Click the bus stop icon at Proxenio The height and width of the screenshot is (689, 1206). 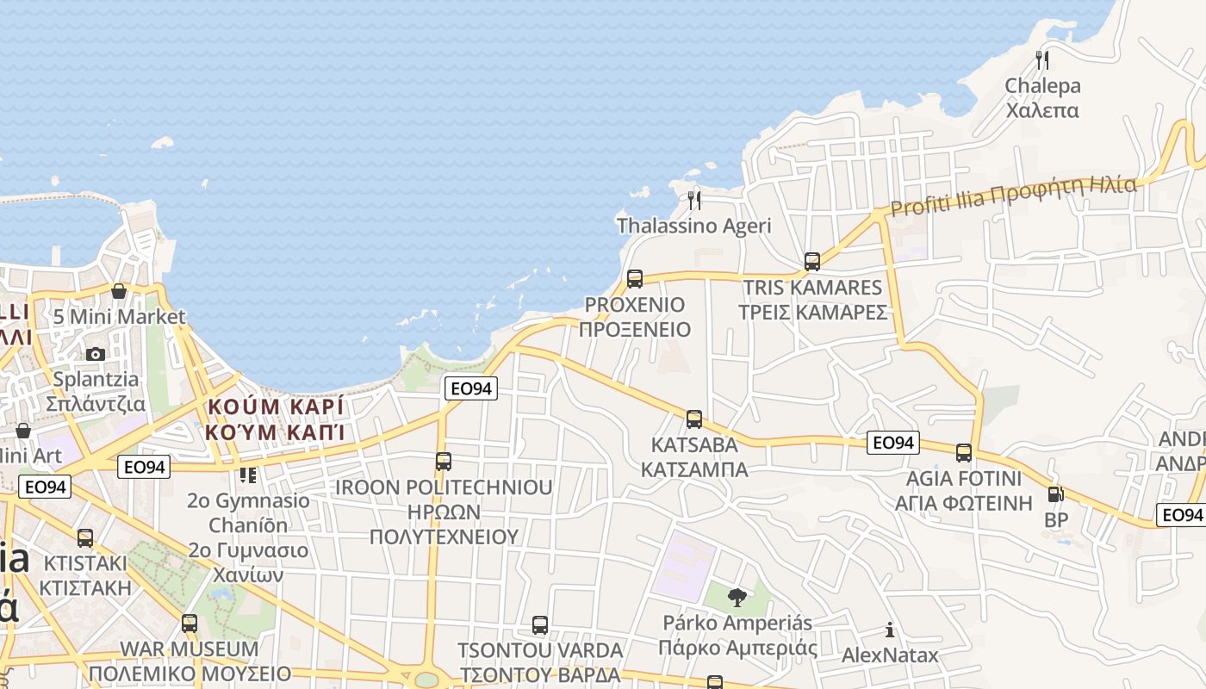coord(635,278)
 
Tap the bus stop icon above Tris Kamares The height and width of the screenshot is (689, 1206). coord(811,261)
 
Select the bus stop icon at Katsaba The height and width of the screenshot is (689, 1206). coord(694,419)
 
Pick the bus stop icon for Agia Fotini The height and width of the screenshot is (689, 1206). coord(964,452)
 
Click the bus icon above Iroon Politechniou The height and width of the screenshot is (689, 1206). coord(444,461)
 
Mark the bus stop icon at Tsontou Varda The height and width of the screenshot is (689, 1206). coord(540,624)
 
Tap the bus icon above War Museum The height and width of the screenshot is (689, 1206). coord(190,623)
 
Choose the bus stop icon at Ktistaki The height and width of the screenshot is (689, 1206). coord(85,538)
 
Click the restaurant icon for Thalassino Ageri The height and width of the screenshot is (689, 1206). coord(694,201)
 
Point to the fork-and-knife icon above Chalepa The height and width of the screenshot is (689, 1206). coord(1042,59)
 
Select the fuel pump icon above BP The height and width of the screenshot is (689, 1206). coord(1055,494)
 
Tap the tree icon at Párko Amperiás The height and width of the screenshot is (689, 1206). coord(737,597)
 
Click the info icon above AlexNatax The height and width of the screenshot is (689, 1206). coord(890,630)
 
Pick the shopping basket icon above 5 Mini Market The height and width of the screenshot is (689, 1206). coord(119,291)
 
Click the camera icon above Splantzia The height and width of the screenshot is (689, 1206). coord(96,354)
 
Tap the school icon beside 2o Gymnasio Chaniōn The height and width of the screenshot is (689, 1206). coord(248,475)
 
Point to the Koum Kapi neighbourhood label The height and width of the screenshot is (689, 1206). coord(275,419)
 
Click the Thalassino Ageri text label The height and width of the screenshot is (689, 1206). coord(694,226)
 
